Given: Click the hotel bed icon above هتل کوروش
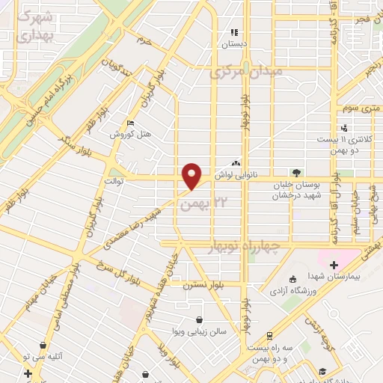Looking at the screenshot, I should tap(132, 123).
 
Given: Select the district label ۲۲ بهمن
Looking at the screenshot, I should tap(203, 203).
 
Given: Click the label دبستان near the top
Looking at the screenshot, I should tap(233, 44).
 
